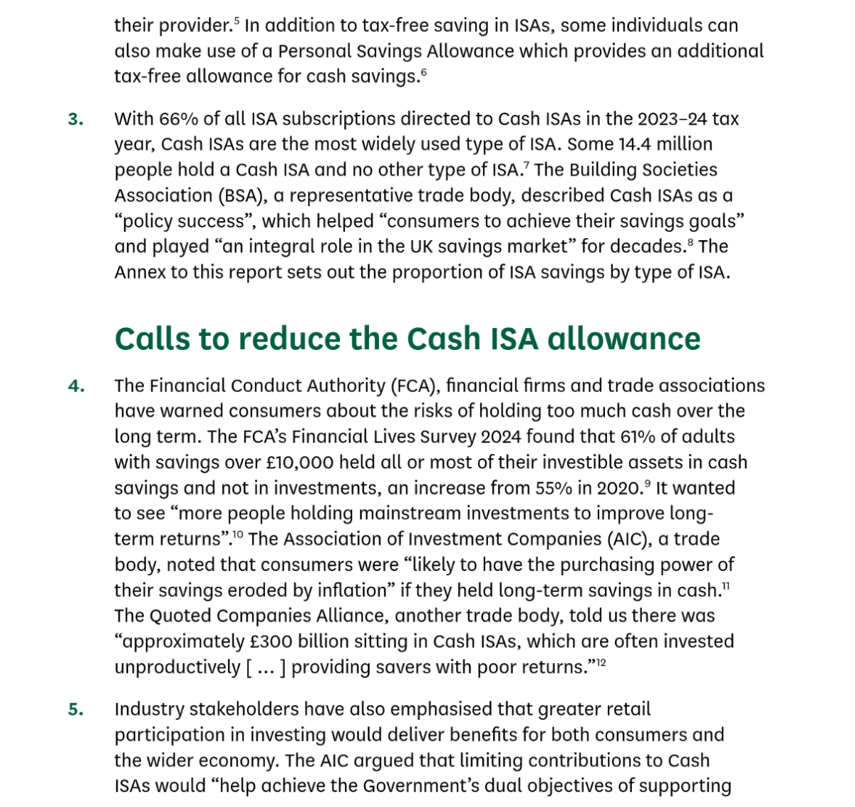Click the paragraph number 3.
76,119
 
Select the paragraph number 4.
76,386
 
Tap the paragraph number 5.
76,710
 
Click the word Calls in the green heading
152,339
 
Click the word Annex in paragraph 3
140,272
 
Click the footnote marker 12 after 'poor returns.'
601,663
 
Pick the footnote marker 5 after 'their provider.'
236,21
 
